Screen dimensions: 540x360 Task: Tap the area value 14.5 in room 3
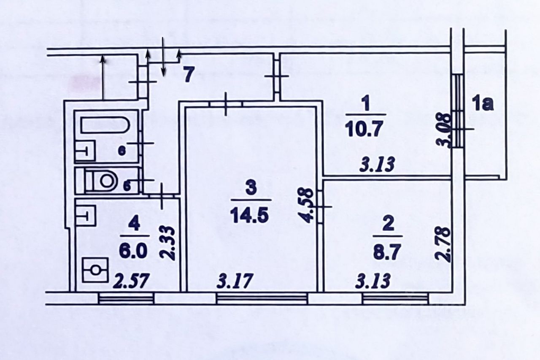[249, 215]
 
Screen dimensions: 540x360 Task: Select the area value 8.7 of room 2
[387, 252]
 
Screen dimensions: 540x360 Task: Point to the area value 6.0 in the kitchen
[134, 250]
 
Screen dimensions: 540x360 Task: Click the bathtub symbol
[105, 125]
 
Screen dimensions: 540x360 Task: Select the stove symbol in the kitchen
[95, 270]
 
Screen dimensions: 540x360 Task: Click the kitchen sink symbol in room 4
[86, 216]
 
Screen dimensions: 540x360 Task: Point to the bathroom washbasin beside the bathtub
[85, 151]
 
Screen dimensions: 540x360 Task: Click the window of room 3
[262, 299]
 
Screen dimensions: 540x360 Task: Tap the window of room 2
[396, 299]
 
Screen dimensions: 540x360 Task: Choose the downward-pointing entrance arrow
[163, 57]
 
